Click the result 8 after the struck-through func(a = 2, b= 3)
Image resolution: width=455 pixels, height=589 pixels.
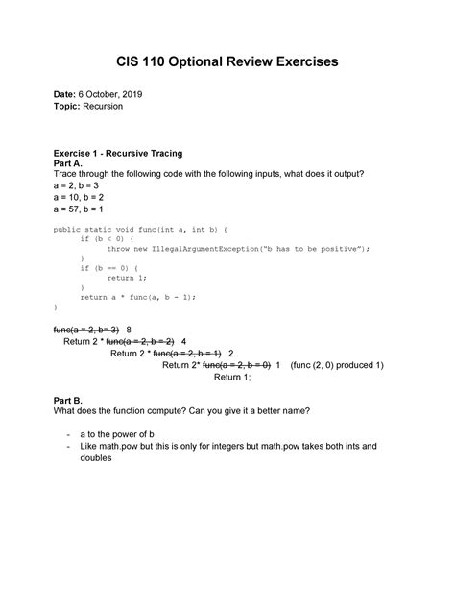click(130, 328)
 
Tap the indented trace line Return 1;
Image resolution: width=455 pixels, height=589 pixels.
click(232, 378)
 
